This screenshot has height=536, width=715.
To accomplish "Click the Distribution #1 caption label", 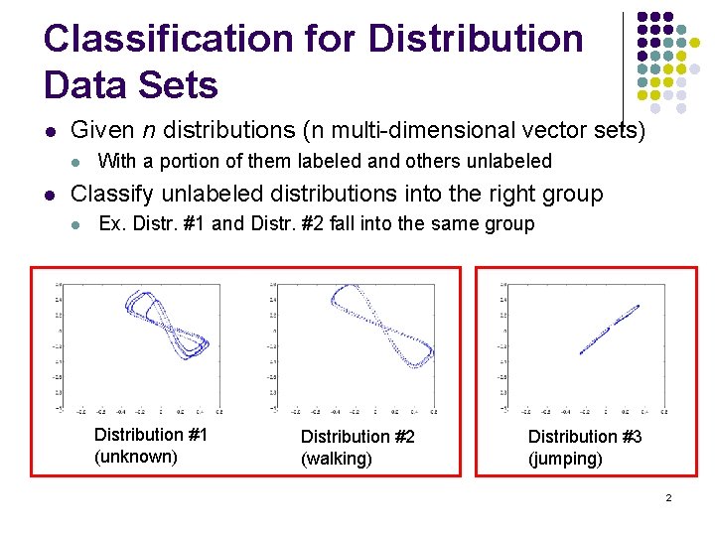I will click(150, 434).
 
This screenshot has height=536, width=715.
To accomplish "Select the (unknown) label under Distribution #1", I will click(136, 456).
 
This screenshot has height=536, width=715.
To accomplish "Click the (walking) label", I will click(337, 459).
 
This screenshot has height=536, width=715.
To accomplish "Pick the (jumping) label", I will click(565, 459).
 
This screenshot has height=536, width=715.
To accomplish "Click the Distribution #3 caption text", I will click(585, 437).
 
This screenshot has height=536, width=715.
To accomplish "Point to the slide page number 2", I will click(669, 496).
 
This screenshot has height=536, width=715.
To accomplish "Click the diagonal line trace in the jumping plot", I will click(608, 329).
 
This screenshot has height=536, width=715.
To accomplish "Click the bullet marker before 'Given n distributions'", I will click(51, 131).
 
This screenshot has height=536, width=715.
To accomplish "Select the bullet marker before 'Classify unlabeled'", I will click(51, 195).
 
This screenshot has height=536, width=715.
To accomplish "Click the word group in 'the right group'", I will click(572, 194).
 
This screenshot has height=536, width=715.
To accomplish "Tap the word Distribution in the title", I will click(476, 39).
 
